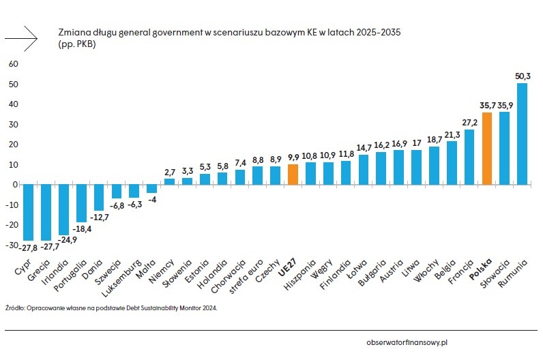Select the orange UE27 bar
[x=293, y=175]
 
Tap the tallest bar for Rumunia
[x=523, y=134]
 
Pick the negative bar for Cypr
[x=28, y=212]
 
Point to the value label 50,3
[x=523, y=76]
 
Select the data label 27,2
[x=469, y=123]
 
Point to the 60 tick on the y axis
[x=12, y=64]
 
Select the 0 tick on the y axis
[x=13, y=185]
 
